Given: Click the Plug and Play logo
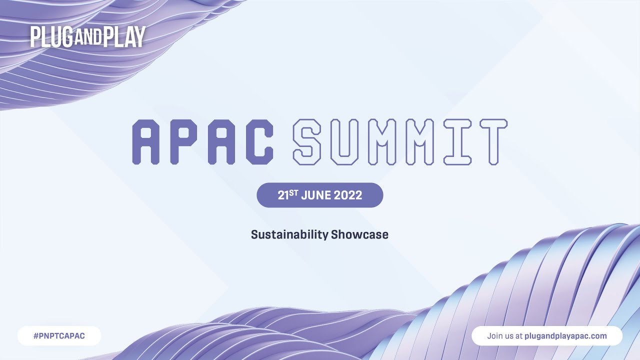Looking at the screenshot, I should coord(87,36).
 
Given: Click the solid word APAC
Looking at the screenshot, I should coord(202,142).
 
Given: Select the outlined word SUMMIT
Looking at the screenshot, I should coord(400,142).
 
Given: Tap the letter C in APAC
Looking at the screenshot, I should coord(259,142).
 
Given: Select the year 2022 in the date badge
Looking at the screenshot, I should coord(348,195).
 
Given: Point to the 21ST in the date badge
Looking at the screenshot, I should coord(287,194).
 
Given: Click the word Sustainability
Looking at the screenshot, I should coord(289,234).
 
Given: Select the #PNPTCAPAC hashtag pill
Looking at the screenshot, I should coord(59,336).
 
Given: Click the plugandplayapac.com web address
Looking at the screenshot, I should coord(565,336).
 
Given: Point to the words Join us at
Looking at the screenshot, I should coord(504,336).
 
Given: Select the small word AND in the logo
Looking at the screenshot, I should coord(87,38).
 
